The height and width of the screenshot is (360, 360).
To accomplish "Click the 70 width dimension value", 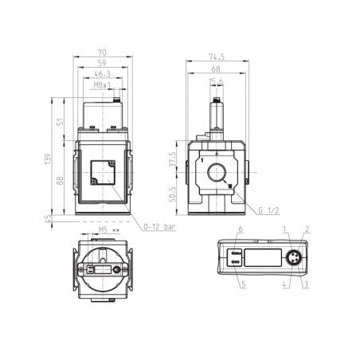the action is [102, 53].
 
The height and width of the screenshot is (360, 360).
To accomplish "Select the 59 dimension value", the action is [102, 63].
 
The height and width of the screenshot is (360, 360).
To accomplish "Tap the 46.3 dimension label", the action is [102, 73].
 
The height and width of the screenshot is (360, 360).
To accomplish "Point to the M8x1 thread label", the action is [102, 85].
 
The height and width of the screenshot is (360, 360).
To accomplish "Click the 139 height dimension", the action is [48, 158].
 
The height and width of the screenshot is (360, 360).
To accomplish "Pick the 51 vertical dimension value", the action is [61, 122].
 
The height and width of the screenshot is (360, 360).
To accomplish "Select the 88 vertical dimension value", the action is [61, 181].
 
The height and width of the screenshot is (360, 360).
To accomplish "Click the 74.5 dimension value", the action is [217, 57].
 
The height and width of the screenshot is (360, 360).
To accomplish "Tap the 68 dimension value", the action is [216, 69].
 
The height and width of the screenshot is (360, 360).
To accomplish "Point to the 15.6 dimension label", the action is [216, 82].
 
